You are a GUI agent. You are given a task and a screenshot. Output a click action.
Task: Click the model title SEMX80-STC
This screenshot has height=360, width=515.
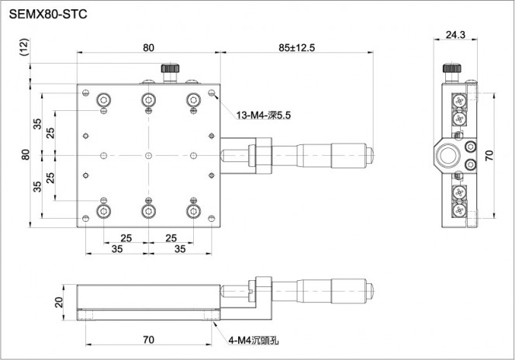(48, 14)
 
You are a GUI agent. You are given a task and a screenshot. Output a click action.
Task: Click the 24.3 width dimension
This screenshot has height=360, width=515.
(455, 34)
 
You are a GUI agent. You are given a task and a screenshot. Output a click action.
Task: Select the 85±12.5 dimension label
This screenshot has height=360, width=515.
(296, 48)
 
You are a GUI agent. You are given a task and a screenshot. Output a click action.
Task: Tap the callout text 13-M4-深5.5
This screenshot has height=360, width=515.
(264, 116)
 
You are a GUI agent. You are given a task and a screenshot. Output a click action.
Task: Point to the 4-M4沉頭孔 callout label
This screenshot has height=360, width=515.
(253, 341)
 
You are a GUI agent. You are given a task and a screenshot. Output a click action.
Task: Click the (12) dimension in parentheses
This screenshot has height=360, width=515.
(24, 47)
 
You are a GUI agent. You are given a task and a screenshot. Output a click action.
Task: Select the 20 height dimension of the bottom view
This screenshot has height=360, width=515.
(59, 302)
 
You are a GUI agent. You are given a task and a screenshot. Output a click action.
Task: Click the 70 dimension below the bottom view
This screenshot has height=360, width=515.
(148, 339)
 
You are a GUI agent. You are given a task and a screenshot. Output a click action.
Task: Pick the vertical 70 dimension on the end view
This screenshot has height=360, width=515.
(489, 155)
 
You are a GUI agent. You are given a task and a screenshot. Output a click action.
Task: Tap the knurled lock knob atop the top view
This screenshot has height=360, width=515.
(170, 68)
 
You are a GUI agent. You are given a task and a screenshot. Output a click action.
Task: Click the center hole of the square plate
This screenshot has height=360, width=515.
(148, 155)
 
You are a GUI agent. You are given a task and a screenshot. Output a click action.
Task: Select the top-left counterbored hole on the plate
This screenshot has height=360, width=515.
(104, 99)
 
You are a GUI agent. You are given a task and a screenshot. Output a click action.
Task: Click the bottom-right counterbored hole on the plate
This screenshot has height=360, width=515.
(193, 211)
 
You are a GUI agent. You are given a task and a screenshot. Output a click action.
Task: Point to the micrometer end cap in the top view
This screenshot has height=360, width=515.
(370, 156)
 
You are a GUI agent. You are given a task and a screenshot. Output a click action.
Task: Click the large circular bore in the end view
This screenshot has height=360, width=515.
(449, 155)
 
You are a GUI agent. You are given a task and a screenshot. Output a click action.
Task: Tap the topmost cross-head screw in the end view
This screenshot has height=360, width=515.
(459, 100)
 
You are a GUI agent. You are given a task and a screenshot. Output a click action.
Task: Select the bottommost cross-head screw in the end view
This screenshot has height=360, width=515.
(459, 210)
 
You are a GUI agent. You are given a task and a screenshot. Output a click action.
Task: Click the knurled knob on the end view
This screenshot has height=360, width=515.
(452, 68)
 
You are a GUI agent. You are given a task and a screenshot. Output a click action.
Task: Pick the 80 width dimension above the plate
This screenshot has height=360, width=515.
(148, 48)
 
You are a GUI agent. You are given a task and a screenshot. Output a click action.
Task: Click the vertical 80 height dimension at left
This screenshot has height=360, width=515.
(26, 154)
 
